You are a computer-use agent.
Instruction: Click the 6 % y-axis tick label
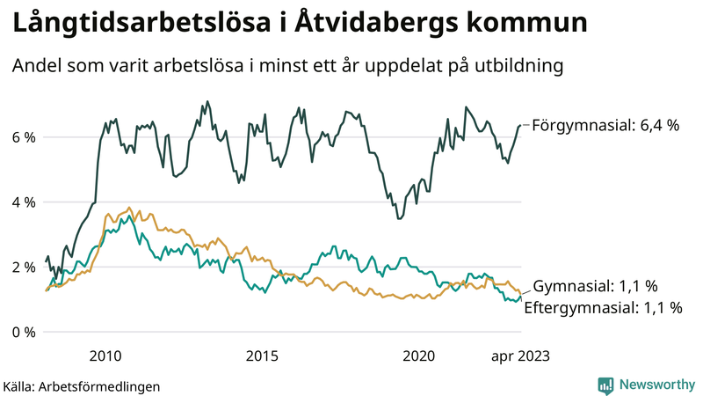pyautogui.click(x=24, y=137)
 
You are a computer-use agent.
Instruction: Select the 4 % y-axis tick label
pyautogui.click(x=24, y=202)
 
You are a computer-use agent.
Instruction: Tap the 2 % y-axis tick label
pyautogui.click(x=24, y=268)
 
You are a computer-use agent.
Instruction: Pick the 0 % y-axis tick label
pyautogui.click(x=24, y=333)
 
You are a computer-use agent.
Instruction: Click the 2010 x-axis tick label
pyautogui.click(x=105, y=356)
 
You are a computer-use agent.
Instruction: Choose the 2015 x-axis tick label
pyautogui.click(x=262, y=356)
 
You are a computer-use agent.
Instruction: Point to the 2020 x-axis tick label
pyautogui.click(x=418, y=356)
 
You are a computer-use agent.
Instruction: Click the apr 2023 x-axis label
pyautogui.click(x=520, y=356)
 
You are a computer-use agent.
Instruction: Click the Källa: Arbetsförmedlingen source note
pyautogui.click(x=82, y=385)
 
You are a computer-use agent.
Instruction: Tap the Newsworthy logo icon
pyautogui.click(x=605, y=385)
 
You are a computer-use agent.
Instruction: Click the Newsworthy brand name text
pyautogui.click(x=655, y=385)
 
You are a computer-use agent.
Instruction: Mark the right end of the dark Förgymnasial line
pyautogui.click(x=520, y=126)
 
